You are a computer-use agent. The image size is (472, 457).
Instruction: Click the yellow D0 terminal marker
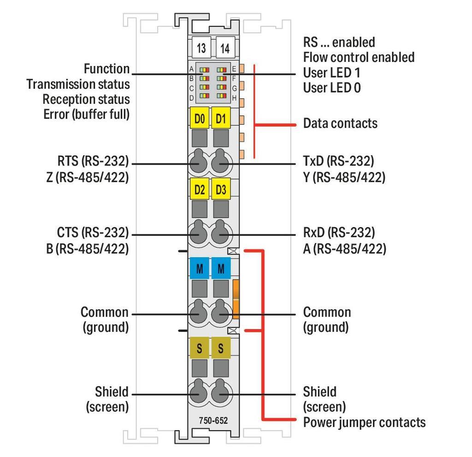coord(200,119)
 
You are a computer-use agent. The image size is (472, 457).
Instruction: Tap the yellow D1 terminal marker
coord(221,119)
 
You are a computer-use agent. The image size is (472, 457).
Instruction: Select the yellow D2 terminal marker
coord(200,189)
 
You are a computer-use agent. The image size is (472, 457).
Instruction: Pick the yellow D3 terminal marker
coord(221,189)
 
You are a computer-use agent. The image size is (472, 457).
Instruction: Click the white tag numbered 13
coord(201,48)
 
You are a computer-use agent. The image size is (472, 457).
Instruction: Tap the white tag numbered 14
coord(225,48)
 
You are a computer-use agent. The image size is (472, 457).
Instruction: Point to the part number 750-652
coord(213,421)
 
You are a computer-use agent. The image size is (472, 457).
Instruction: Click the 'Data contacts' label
coord(340,124)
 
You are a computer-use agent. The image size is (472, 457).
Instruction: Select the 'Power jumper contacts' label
coord(364,422)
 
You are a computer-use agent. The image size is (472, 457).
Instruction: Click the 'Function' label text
coord(106,69)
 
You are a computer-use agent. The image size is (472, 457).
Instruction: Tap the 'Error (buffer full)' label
coord(87,114)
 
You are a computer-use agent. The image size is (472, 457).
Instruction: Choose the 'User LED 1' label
coord(331,72)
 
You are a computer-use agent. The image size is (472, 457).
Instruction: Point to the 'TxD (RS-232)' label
coord(338,161)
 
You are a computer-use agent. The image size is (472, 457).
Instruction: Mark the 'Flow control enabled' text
coord(359,57)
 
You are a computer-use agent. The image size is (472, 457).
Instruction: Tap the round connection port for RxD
coord(221,234)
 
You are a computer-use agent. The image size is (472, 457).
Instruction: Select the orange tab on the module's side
coord(236,299)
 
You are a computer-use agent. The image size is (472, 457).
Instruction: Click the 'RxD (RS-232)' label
coord(339,232)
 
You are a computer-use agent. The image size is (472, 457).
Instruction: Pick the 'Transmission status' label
coord(78,84)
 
